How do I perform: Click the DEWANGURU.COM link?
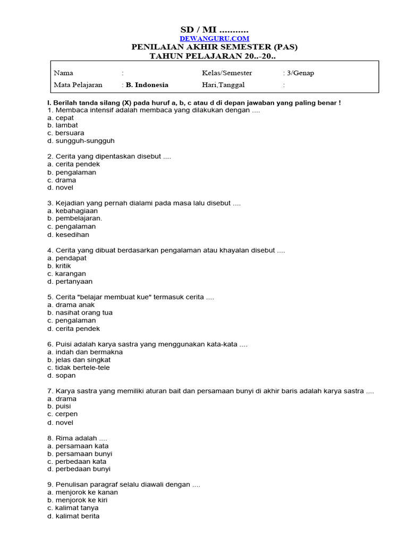(214, 39)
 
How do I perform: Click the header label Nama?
(64, 73)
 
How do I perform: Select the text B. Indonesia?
(147, 85)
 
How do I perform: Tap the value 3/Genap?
(300, 73)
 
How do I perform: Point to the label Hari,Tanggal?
(223, 85)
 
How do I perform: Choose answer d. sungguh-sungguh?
(81, 141)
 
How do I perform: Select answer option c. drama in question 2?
(62, 180)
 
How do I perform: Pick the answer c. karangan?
(66, 274)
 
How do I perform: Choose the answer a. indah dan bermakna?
(85, 352)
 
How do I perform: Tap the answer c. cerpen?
(62, 414)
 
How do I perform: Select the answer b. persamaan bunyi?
(80, 454)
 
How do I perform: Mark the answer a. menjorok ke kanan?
(82, 492)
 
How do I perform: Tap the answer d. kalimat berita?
(73, 516)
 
